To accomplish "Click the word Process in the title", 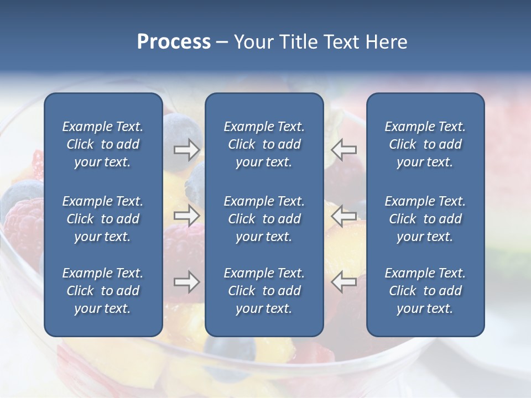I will [x=174, y=42].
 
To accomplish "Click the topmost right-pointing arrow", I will [x=187, y=149].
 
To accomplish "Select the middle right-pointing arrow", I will [x=187, y=215].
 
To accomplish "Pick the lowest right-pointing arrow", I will [x=187, y=281].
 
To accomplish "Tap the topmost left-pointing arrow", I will [x=343, y=149].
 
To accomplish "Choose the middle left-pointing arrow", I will [x=343, y=215].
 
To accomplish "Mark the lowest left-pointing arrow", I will [x=343, y=281].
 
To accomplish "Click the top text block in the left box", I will [x=103, y=144].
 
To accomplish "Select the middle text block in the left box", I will [x=103, y=219].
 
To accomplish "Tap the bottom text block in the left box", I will [x=103, y=291].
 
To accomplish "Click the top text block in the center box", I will [x=264, y=144].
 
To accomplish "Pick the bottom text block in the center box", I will [x=264, y=291].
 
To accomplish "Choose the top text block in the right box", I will [x=425, y=144].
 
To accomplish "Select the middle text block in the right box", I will [x=425, y=219].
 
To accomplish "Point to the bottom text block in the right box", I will [x=425, y=291].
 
